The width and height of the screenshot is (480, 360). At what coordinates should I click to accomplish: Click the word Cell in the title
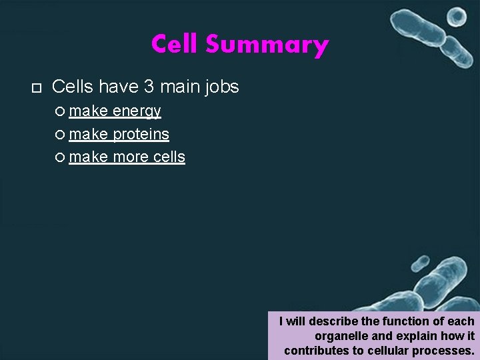pyautogui.click(x=175, y=45)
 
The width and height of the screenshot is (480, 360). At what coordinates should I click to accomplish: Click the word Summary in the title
pyautogui.click(x=267, y=45)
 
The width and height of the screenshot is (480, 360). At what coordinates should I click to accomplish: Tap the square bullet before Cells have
pyautogui.click(x=36, y=87)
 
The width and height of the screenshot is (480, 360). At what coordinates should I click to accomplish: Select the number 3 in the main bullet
pyautogui.click(x=148, y=87)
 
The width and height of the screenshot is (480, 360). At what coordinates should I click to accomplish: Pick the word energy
pyautogui.click(x=137, y=111)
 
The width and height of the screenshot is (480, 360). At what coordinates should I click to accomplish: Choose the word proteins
pyautogui.click(x=141, y=134)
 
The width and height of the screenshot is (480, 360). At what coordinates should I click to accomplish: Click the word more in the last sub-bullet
pyautogui.click(x=131, y=157)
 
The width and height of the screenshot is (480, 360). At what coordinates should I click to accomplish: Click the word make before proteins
pyautogui.click(x=89, y=134)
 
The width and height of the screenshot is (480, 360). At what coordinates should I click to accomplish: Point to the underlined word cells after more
pyautogui.click(x=169, y=157)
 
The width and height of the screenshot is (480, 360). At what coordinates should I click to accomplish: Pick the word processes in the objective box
pyautogui.click(x=447, y=350)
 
